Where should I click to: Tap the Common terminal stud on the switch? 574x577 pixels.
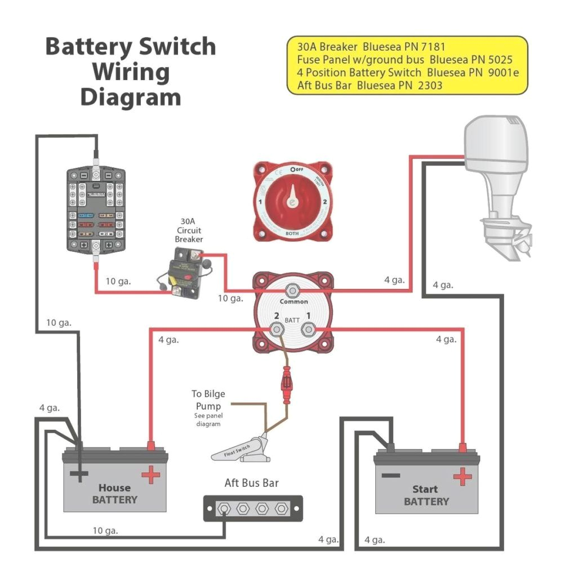coord(292,291)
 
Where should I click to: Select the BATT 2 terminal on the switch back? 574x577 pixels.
coord(276,329)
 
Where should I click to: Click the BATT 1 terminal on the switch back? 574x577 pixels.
coord(308,329)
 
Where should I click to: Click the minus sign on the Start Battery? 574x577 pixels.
coord(390,475)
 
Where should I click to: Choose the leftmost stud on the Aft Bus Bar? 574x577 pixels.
coord(224,509)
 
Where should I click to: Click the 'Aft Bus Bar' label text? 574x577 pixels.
coord(251,483)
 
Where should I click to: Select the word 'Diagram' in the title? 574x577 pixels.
coord(130,97)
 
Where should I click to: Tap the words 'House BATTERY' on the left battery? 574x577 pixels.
coord(114,494)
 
